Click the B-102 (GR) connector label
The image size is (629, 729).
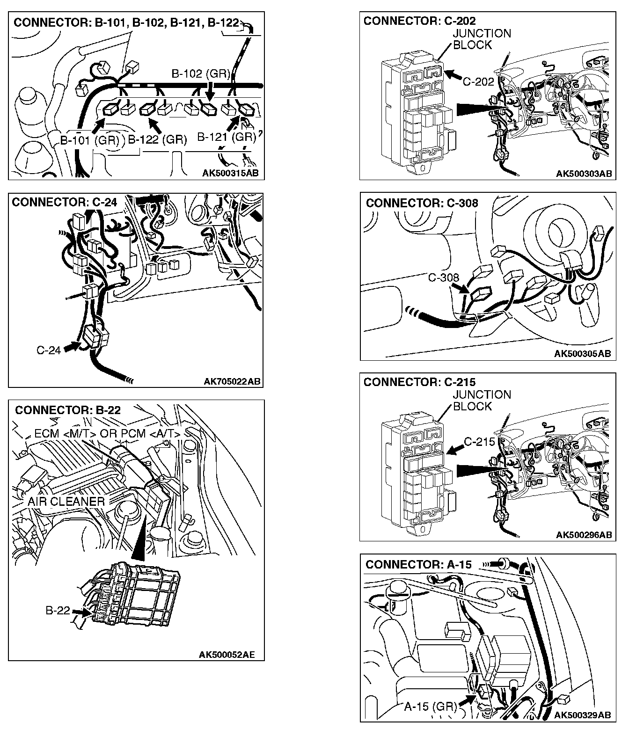point(201,73)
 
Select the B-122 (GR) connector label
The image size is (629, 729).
point(157,139)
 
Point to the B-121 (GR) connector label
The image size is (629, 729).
point(227,137)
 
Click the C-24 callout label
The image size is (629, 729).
point(49,350)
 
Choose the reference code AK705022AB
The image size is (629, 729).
point(232,381)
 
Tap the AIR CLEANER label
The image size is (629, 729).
point(66,502)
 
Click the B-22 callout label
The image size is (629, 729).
point(58,610)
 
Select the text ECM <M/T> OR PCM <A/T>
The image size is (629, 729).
point(107,434)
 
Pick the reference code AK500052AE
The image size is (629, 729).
point(227,654)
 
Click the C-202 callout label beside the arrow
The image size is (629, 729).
point(478,81)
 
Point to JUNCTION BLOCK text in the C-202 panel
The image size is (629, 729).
point(482,39)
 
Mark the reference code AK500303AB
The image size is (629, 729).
point(584,174)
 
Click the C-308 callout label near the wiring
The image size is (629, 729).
point(444,278)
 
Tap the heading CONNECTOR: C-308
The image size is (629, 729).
point(422,203)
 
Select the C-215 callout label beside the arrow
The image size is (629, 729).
point(479,442)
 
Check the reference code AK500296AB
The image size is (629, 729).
point(584,535)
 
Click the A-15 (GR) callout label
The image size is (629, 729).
point(430,707)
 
